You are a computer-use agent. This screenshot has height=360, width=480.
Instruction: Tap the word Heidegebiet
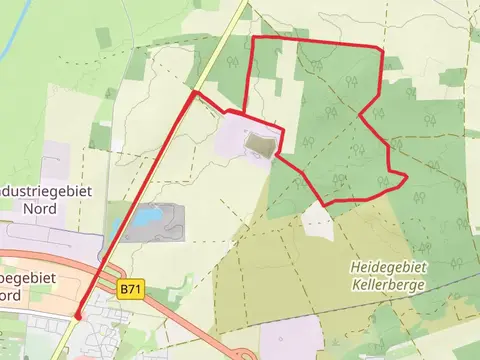[389, 268]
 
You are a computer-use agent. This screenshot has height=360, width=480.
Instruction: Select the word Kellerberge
[389, 284]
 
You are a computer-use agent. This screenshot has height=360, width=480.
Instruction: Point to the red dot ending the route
[77, 316]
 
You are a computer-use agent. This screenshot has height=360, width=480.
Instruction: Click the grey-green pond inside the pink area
[259, 146]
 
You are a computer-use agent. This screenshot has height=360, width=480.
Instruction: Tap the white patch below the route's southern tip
[318, 222]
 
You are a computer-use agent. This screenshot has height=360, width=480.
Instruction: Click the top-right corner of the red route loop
[381, 48]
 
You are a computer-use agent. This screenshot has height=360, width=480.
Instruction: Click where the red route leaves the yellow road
[193, 94]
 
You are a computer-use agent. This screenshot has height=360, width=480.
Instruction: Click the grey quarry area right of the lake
[167, 222]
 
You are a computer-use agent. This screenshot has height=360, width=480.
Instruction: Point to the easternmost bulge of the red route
[406, 178]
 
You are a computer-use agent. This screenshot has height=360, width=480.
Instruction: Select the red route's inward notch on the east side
[362, 111]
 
